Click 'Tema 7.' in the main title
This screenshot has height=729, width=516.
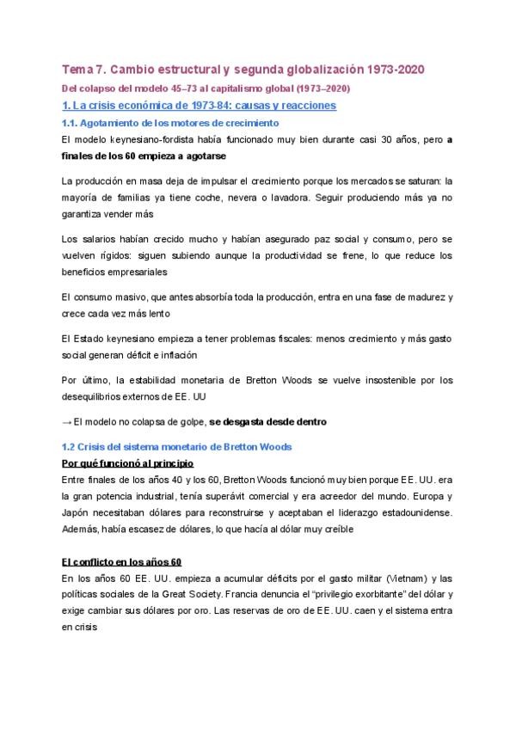point(87,69)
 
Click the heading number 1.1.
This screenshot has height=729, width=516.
point(71,124)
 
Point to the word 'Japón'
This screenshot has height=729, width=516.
point(76,513)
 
